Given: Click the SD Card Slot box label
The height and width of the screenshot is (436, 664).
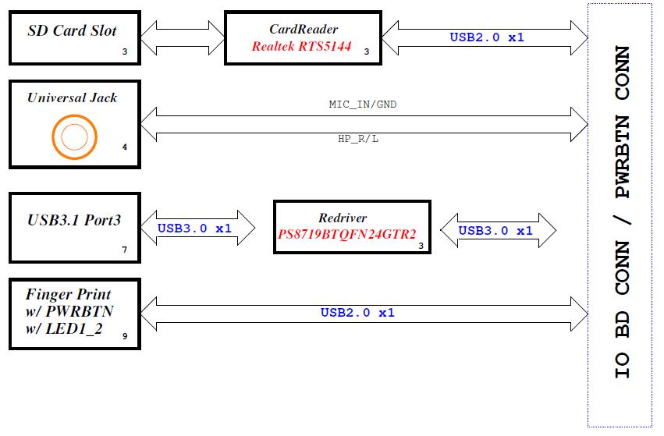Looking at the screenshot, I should coord(72,31).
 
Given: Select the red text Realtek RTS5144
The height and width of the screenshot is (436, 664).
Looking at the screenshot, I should coord(301,46).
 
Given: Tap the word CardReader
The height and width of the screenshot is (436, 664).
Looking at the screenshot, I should coord(304,30).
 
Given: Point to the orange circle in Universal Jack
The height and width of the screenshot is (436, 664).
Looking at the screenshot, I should coord(75,137).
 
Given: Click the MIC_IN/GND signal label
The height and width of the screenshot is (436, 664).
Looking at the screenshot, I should coord(363,104).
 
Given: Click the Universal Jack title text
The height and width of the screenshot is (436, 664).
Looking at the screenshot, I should coord(72,97).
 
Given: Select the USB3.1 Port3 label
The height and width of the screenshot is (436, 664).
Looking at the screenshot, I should coord(74,221).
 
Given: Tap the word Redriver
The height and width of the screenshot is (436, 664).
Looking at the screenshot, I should coord(343,218).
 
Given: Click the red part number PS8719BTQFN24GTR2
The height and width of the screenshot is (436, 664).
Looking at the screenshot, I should coord(347,234).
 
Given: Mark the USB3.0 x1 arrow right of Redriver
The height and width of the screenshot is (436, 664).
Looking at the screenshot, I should coord(496,230).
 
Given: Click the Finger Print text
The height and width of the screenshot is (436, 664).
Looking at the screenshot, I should coord(68,294).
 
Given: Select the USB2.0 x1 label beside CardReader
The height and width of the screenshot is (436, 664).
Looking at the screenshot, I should coord(487,37).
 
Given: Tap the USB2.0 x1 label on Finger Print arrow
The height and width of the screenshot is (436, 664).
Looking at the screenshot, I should coord(357,313).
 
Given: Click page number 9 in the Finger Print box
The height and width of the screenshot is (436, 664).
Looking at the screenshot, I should coord(125,337).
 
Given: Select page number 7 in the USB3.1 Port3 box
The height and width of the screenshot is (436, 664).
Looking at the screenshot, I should coord(124,250).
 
